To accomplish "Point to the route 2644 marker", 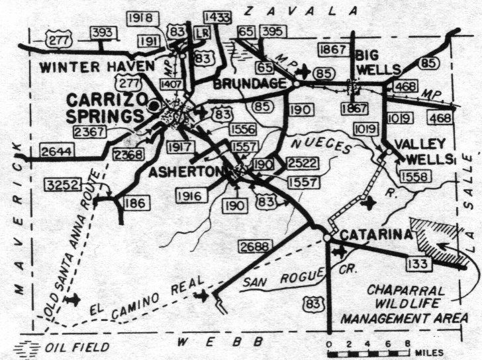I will point(56,152).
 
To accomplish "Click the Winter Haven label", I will point(97,66).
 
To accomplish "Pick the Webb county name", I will point(221,341).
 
